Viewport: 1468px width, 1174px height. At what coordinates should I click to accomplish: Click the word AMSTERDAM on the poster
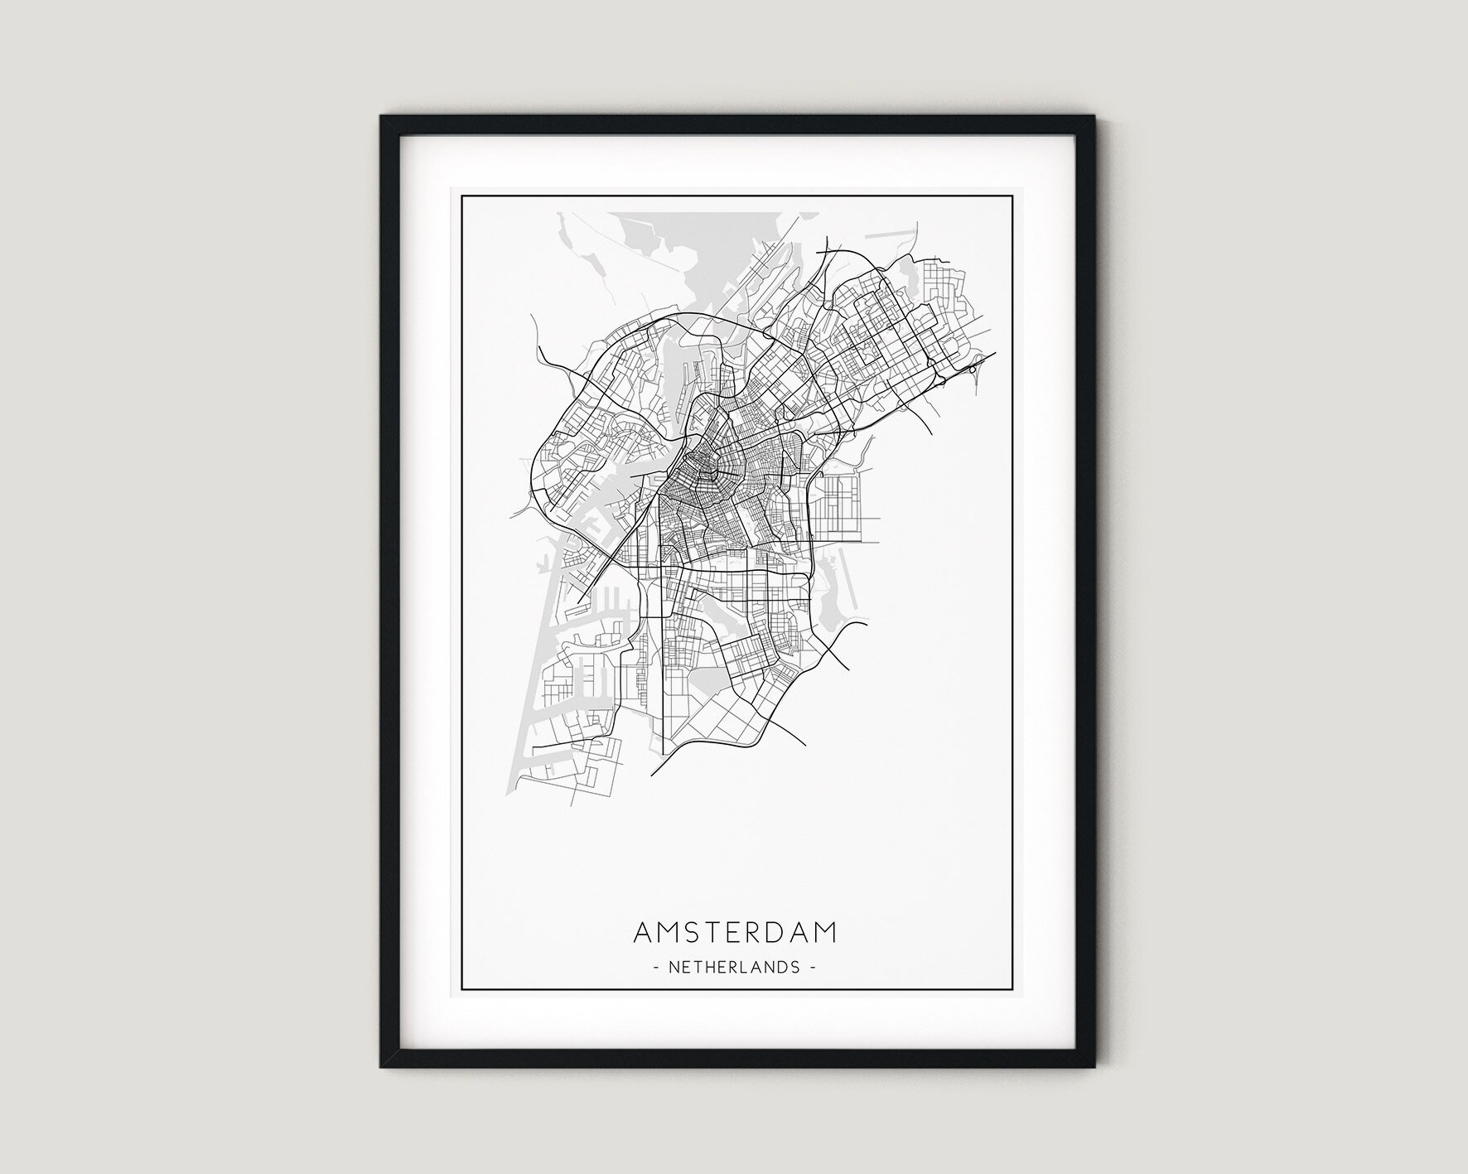pyautogui.click(x=735, y=932)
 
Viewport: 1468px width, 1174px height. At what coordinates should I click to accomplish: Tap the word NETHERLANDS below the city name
pyautogui.click(x=735, y=967)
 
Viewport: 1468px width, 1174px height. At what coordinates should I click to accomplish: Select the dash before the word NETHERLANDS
pyautogui.click(x=656, y=967)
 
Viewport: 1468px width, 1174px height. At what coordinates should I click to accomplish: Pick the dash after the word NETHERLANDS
pyautogui.click(x=814, y=967)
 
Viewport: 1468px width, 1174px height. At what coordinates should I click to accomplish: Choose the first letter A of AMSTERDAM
pyautogui.click(x=644, y=932)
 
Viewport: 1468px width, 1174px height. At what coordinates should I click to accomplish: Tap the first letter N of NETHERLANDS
pyautogui.click(x=673, y=967)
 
